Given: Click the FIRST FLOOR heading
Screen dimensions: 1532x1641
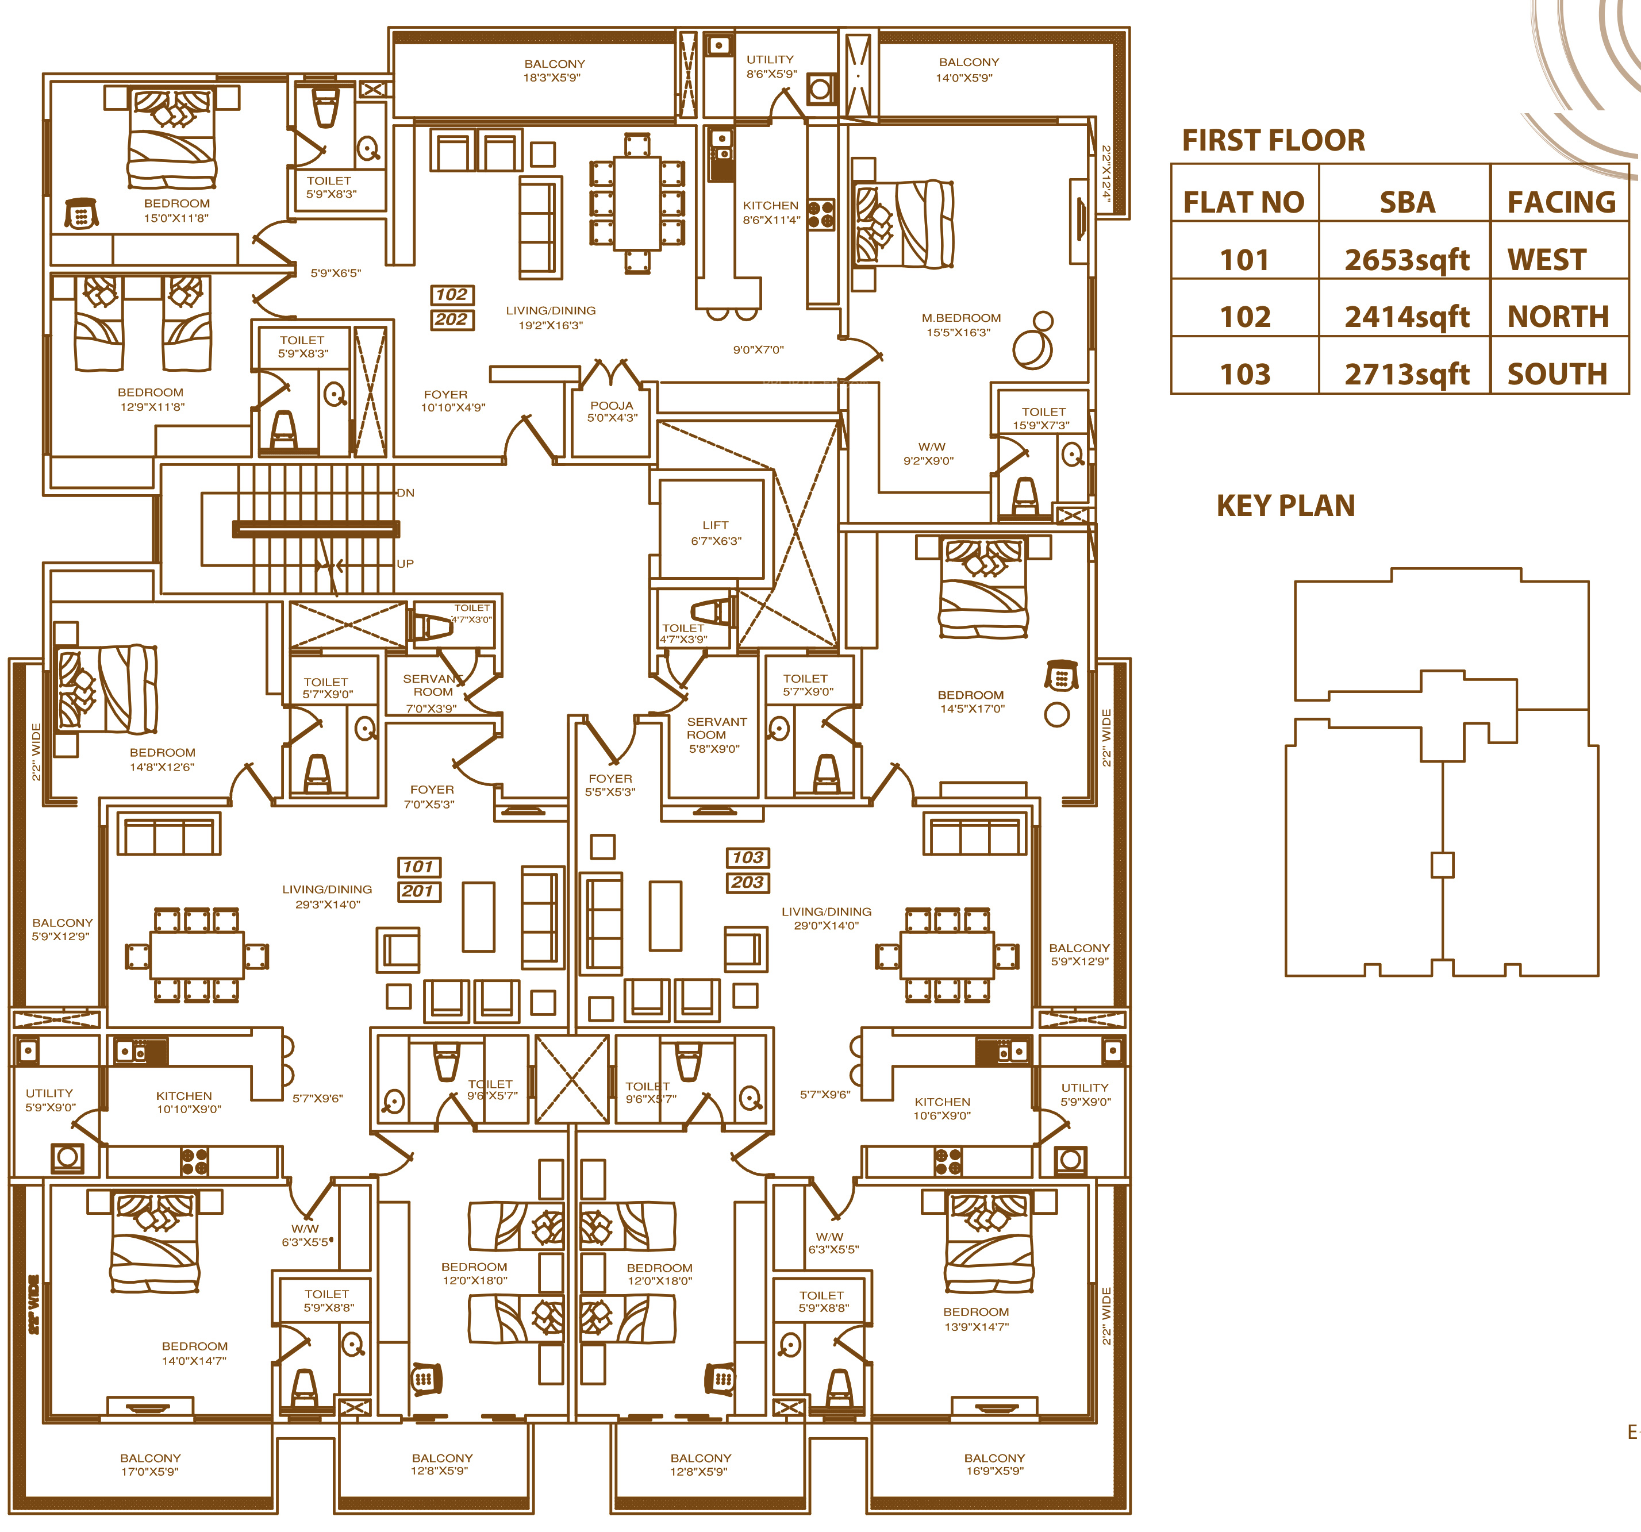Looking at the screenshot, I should coord(1273,140).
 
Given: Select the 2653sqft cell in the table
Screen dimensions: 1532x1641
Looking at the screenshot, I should coord(1406,260).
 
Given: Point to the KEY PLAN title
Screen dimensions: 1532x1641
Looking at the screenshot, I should coord(1285,505).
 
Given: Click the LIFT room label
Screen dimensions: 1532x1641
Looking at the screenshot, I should coord(716,532).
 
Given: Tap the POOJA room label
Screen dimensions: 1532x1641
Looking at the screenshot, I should coord(612,411).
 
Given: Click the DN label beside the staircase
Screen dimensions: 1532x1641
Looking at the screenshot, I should coord(405,493).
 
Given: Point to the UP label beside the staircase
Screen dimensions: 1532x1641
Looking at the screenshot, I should coord(405,564).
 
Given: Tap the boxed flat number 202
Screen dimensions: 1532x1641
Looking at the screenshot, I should coord(452,320).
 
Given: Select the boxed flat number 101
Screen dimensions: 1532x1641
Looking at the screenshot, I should coord(418,867).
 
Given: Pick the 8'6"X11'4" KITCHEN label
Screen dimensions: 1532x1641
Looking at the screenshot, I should coord(770,212).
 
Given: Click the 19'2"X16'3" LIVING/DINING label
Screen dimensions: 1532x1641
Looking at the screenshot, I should coord(551,318).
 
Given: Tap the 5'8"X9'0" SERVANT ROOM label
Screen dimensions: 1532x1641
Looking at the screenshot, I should coord(716,734).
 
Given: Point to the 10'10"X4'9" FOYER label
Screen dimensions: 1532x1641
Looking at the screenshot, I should coord(452,401).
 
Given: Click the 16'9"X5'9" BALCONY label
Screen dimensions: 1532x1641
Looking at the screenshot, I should coord(994,1464).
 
